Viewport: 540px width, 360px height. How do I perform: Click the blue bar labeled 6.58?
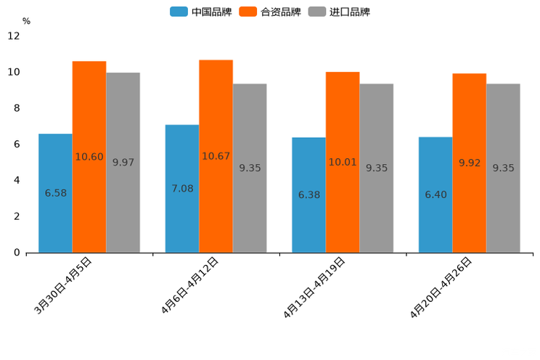(x=55, y=193)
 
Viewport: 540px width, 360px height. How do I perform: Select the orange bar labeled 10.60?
(x=89, y=157)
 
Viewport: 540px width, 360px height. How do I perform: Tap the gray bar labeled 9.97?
(x=123, y=163)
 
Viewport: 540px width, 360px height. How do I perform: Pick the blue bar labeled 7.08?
(x=182, y=189)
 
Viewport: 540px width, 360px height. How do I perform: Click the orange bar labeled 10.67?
(x=216, y=156)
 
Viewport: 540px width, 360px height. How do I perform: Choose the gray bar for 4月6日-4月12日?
(x=250, y=168)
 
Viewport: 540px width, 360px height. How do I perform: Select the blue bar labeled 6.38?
(x=308, y=195)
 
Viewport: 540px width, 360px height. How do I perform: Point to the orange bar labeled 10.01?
(x=343, y=162)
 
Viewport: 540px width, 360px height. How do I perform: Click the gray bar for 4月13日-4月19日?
(x=376, y=168)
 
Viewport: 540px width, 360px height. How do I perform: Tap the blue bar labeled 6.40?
(x=435, y=195)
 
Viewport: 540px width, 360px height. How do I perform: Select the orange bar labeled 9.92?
(x=469, y=163)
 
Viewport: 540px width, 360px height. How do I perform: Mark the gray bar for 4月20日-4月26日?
(x=503, y=168)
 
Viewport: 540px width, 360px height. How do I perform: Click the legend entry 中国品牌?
(x=201, y=12)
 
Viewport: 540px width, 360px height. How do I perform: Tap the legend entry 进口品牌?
(x=339, y=12)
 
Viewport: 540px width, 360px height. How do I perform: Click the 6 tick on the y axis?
(x=17, y=144)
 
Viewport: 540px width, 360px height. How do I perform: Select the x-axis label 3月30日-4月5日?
(x=63, y=285)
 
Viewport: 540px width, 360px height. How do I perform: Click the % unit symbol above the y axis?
(x=26, y=21)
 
